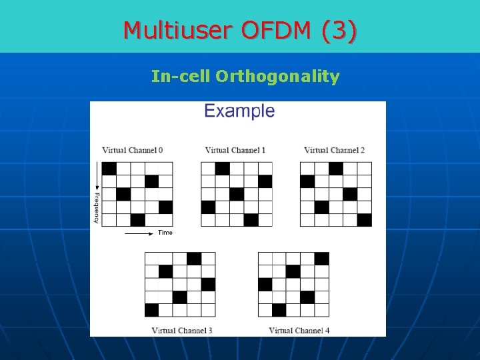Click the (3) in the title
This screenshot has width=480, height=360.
pos(339,30)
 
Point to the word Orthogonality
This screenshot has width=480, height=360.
pos(277,77)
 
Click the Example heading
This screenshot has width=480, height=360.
pos(239,111)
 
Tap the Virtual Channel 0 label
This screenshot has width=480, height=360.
pos(132,150)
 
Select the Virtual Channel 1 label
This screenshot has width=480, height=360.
pos(235,150)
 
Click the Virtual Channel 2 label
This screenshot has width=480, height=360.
pos(334,150)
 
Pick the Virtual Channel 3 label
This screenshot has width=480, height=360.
pos(182,330)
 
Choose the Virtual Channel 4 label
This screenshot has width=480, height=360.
pos(299,330)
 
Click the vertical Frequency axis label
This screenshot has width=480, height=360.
pos(97,207)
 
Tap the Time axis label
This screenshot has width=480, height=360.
pos(165,233)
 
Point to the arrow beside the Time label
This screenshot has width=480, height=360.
pos(139,233)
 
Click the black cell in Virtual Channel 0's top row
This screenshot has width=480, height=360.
pos(109,168)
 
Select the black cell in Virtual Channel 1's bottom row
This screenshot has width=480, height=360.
pos(251,220)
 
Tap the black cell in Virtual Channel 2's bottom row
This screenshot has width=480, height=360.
pos(364,220)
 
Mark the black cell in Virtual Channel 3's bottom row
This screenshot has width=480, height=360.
pos(152,310)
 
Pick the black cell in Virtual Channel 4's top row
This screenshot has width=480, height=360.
pos(321,259)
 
